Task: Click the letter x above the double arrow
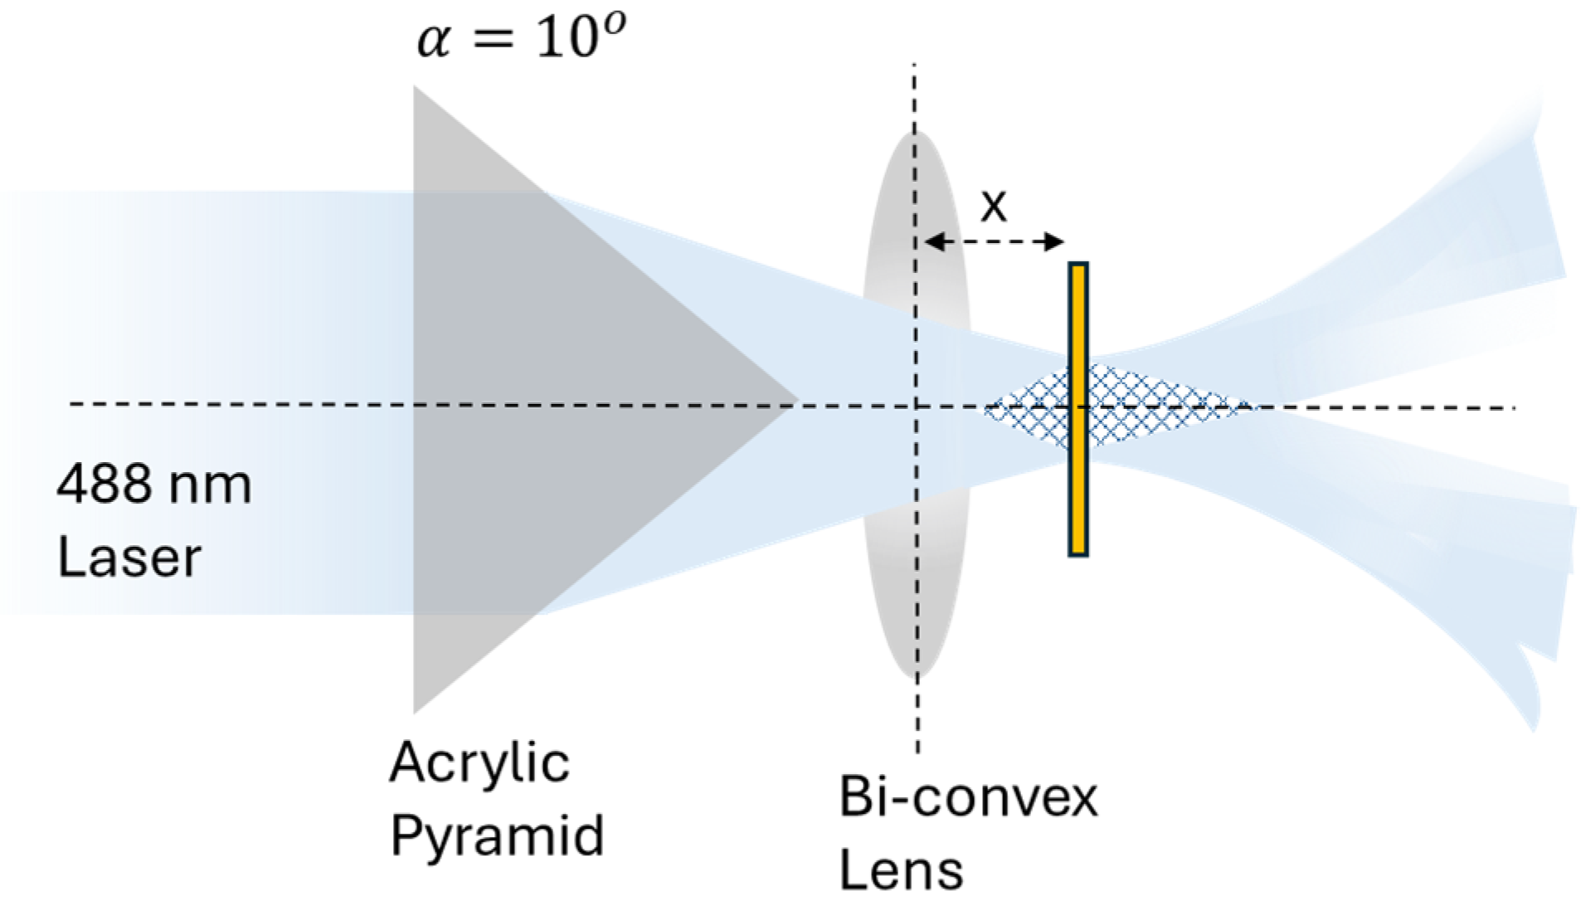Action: pos(993,205)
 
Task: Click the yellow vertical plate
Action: pos(1078,409)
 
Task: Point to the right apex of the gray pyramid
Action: pos(796,400)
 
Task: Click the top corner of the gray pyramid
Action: pos(416,89)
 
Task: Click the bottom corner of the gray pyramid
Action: pos(416,710)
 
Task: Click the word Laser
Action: pos(129,557)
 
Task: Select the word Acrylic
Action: pos(479,763)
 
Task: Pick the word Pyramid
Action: pos(497,836)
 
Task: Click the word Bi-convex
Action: pos(968,797)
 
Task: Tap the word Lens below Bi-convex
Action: pos(901,869)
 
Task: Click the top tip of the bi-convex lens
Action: pos(916,134)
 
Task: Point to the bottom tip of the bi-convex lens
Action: pos(917,677)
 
